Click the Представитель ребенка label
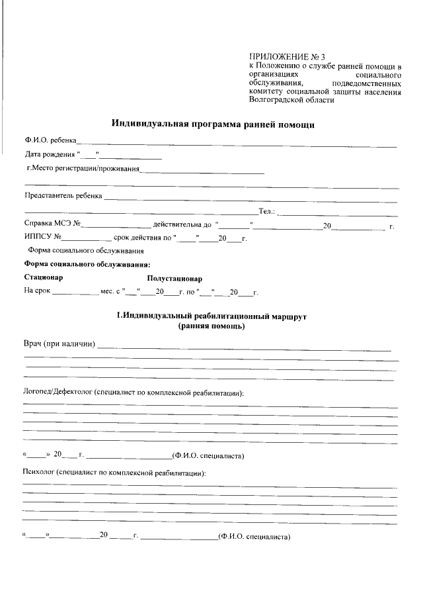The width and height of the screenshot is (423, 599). point(63,197)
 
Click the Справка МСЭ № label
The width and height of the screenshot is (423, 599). point(52,226)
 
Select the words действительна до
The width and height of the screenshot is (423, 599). point(182,226)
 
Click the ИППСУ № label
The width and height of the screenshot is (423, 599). point(43,238)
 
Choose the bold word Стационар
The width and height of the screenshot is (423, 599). point(44,278)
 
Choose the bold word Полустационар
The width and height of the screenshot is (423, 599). point(174,279)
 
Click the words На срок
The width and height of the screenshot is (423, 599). point(37,291)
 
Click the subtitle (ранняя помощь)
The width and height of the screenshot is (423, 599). point(211,326)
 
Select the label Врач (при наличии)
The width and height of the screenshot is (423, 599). point(59,344)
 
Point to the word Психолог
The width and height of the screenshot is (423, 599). point(39,474)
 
